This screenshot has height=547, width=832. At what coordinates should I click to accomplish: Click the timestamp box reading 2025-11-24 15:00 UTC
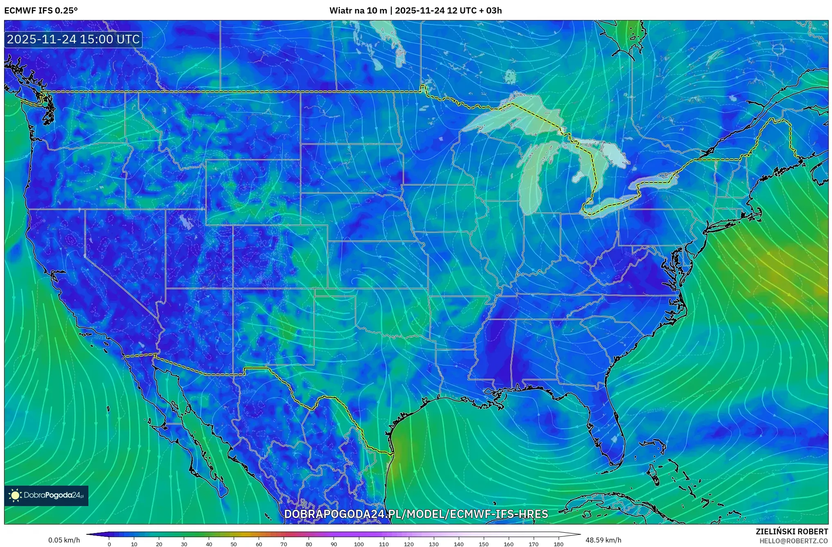pos(73,39)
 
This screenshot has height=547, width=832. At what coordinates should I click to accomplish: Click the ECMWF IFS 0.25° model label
pos(41,11)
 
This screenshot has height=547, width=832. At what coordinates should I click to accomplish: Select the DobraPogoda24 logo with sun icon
pos(46,495)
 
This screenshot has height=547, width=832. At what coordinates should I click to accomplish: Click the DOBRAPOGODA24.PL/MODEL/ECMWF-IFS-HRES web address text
pos(416,514)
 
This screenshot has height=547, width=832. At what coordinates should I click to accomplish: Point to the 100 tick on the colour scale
pos(359,544)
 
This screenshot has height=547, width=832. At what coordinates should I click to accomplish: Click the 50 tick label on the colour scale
pos(234,544)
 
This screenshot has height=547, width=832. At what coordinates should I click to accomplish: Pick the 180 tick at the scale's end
pos(558,544)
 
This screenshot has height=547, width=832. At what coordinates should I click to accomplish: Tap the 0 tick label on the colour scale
pos(109,544)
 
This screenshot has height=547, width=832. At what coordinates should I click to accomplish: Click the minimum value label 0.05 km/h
pos(64,540)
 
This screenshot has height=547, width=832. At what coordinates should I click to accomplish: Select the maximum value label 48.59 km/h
pos(603,540)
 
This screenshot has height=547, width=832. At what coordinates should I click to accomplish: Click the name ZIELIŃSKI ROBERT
pos(791,531)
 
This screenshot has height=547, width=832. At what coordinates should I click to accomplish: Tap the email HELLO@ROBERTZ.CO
pos(794,541)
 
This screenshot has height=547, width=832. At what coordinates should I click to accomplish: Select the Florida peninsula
pos(606,430)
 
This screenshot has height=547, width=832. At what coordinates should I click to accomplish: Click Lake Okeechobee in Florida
pos(614,439)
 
